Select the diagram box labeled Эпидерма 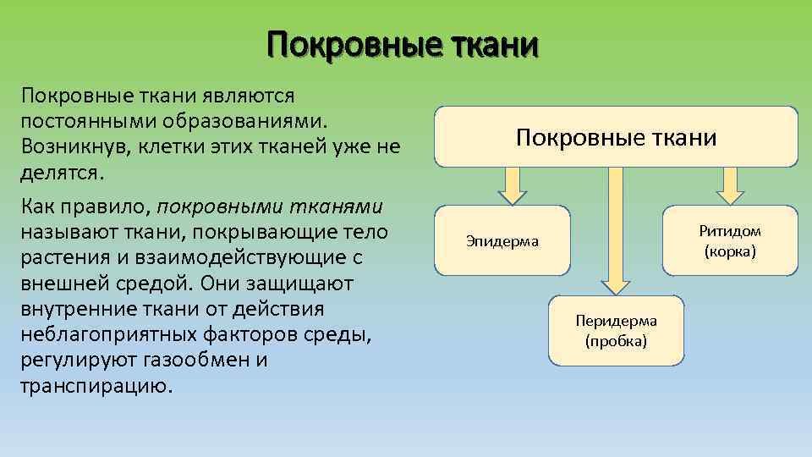click(502, 241)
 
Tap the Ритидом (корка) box click(729, 241)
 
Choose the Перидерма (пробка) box click(616, 330)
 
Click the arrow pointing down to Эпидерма click(513, 185)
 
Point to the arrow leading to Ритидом click(729, 185)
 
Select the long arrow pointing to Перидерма click(616, 228)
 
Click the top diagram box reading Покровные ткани click(616, 137)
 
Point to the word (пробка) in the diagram click(616, 341)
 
